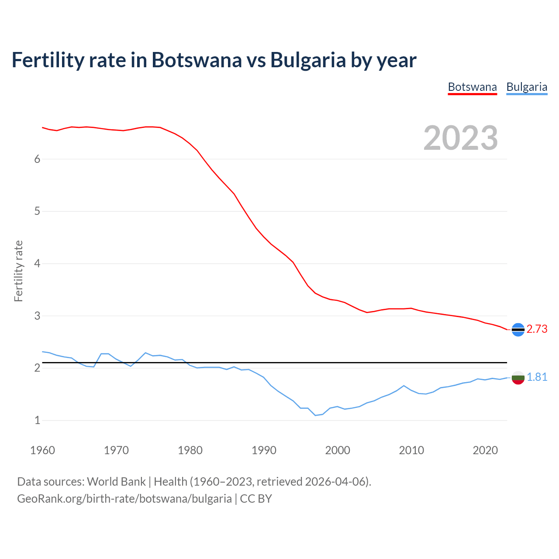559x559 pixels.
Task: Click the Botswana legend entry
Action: pos(472,87)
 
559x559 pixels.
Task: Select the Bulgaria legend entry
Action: pos(527,87)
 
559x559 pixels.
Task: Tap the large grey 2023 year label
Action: pos(461,138)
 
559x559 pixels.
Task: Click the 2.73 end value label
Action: pos(537,329)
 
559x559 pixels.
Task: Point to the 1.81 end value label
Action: pos(537,377)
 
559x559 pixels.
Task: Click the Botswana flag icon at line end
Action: pos(518,330)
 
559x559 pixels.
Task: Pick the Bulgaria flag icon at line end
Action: pos(518,378)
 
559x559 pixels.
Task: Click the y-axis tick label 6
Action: pos(37,159)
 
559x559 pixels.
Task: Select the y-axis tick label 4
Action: pos(37,264)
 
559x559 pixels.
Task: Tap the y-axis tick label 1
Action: pos(37,421)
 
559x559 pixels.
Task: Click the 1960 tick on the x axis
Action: pos(42,450)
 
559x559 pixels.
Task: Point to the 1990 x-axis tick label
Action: pos(264,450)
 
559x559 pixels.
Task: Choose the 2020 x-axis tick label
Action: pos(485,450)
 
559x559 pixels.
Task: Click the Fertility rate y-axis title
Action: pos(18,271)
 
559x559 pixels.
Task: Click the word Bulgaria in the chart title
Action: pos(308,60)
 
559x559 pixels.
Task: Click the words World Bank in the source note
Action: pos(116,482)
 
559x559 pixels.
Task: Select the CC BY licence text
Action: pos(256,499)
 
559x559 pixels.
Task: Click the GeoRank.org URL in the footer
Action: pos(124,499)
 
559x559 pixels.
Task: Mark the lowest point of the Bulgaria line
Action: pos(315,415)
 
